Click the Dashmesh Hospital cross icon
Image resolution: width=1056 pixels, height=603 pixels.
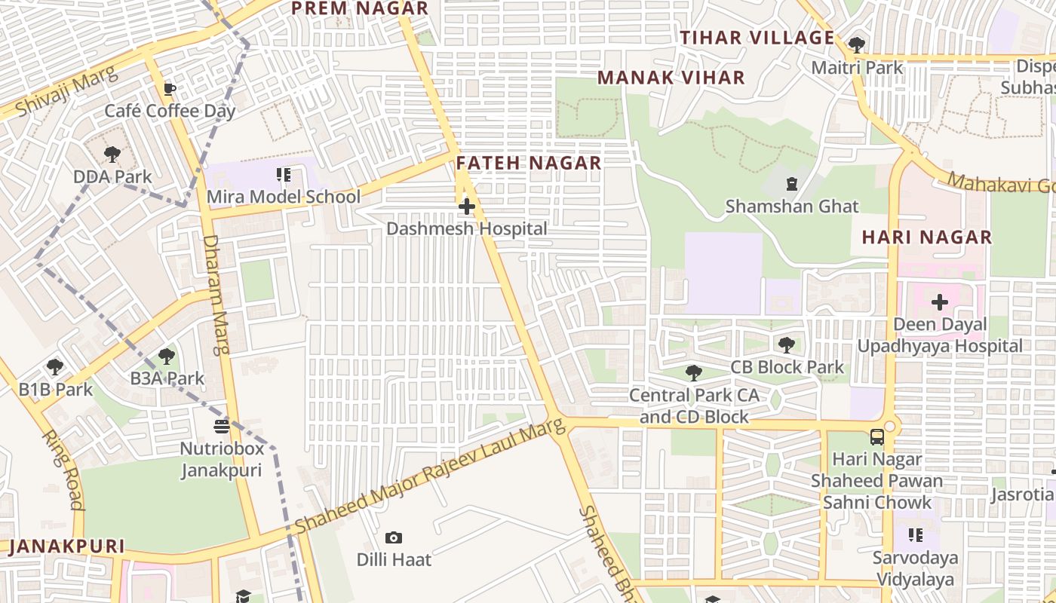[467, 206]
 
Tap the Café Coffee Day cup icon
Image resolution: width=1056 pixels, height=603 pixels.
[170, 90]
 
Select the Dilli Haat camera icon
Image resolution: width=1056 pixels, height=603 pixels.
[393, 537]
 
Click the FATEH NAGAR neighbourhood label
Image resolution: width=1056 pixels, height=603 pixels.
[529, 163]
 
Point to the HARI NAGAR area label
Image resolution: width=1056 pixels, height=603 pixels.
[927, 237]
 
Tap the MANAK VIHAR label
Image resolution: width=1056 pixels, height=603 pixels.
[671, 78]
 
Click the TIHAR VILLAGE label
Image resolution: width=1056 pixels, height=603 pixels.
[757, 38]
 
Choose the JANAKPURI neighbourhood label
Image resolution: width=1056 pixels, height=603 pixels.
[66, 546]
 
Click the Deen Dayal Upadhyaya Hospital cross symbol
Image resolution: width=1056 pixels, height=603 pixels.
[939, 303]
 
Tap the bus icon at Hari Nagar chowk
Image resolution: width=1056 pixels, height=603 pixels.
[877, 437]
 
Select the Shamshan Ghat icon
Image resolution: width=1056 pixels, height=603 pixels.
[792, 183]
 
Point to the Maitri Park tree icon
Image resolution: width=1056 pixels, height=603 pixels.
[856, 45]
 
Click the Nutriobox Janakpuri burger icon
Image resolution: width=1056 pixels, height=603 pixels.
[221, 427]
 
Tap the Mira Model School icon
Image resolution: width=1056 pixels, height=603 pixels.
[284, 176]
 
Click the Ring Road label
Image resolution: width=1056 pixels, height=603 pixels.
[62, 470]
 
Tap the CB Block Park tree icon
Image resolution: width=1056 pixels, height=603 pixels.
[787, 345]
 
